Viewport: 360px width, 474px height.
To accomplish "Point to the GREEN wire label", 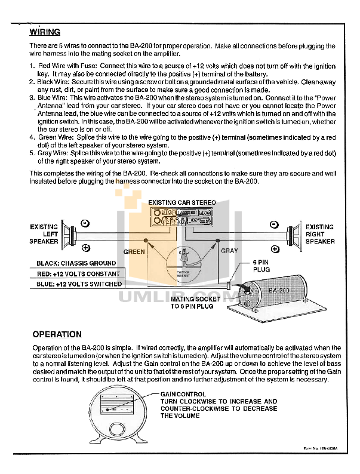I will tap(134, 251).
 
